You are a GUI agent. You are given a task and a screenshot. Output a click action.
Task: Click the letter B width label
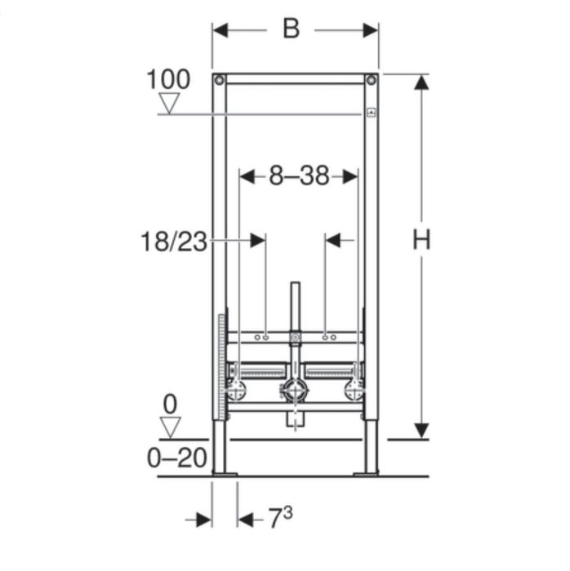[292, 29]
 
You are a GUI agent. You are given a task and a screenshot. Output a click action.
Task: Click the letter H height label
[421, 239]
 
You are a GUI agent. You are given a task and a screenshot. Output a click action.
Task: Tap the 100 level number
[168, 79]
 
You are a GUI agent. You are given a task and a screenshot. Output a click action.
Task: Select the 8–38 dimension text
[299, 176]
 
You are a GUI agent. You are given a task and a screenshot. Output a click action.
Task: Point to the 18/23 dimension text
[174, 241]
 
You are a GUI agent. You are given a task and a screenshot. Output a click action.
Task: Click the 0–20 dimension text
[176, 458]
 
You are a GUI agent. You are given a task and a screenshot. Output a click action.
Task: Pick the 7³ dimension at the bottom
[280, 517]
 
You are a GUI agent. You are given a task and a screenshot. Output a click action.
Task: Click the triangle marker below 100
[169, 104]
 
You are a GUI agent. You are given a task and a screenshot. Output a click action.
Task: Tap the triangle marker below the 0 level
[171, 427]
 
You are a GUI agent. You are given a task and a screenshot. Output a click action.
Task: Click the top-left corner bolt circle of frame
[219, 80]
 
